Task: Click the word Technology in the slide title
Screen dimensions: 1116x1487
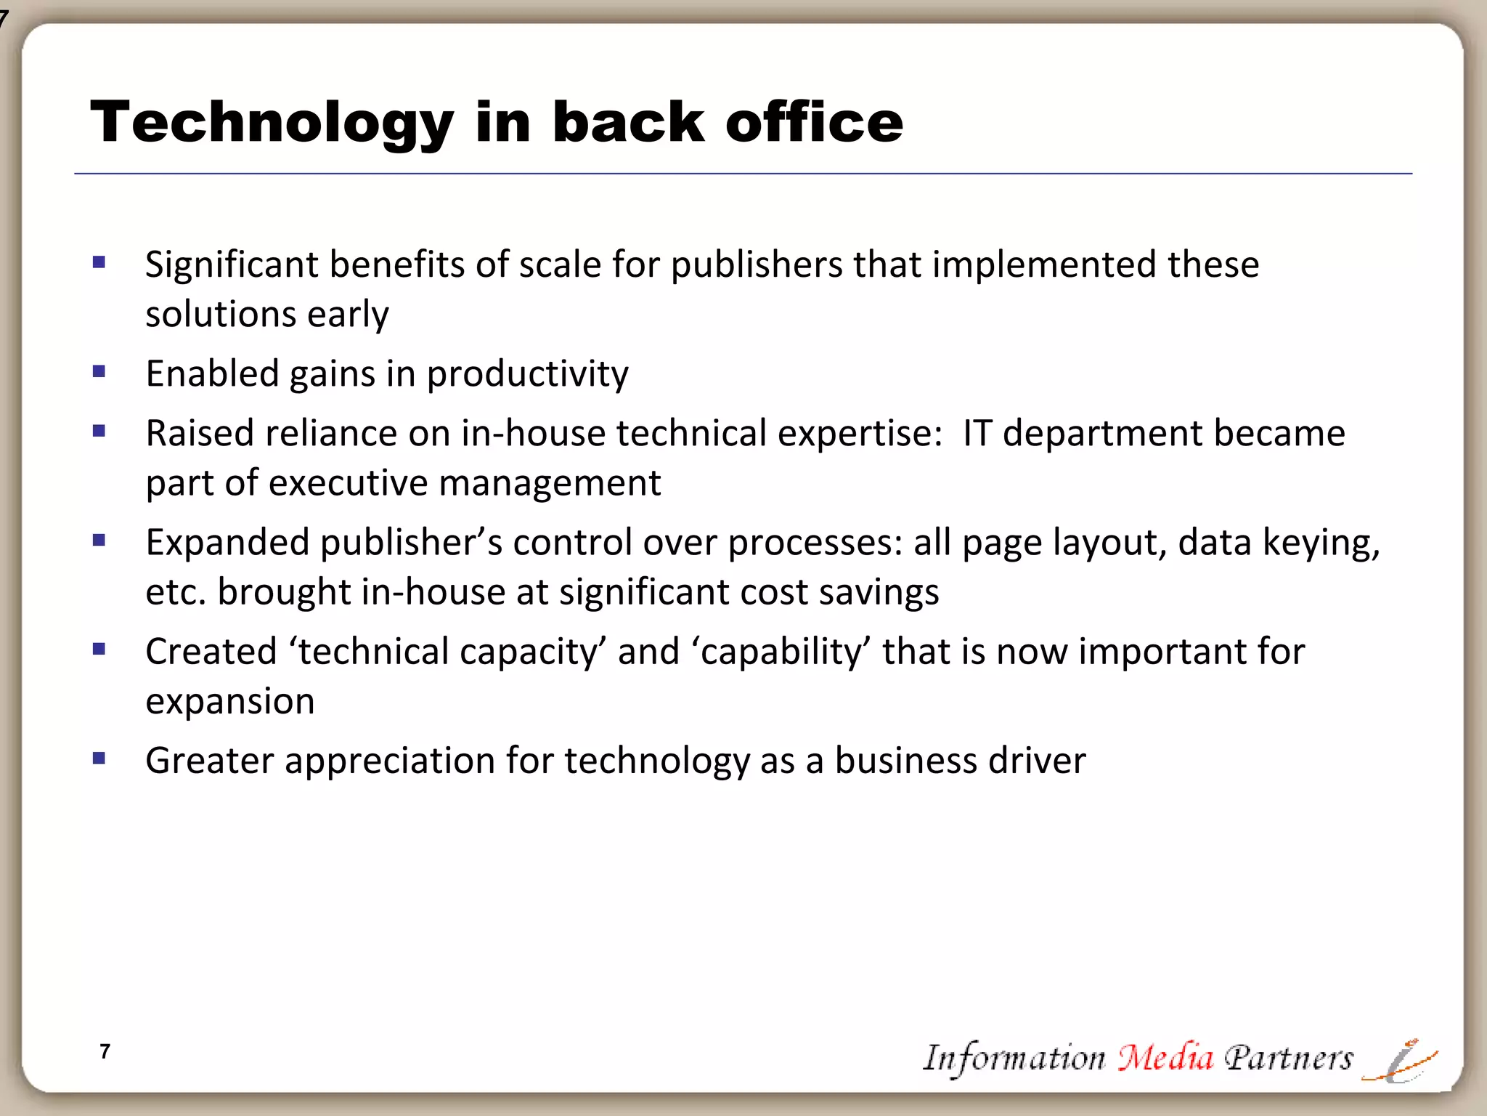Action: point(272,122)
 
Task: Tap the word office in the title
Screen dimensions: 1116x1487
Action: point(814,122)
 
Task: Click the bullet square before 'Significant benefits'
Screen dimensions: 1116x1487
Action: point(99,262)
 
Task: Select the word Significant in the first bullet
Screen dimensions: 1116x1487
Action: point(232,264)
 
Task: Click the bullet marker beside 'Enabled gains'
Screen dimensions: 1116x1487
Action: point(99,372)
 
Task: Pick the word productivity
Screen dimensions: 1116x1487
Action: point(527,375)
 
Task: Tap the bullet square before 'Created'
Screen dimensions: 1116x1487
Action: point(99,649)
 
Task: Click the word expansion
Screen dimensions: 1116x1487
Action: point(230,702)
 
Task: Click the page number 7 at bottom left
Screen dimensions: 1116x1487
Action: point(105,1051)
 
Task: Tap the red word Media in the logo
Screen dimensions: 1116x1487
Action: point(1165,1057)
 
